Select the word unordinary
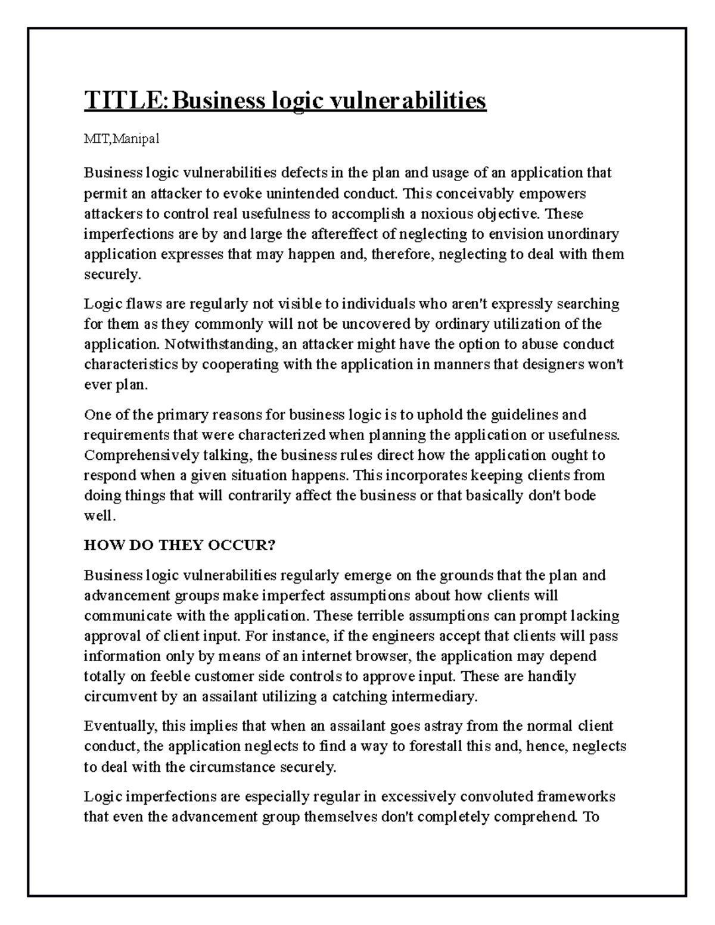point(584,233)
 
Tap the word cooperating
point(242,365)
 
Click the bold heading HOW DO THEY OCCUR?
point(179,545)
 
